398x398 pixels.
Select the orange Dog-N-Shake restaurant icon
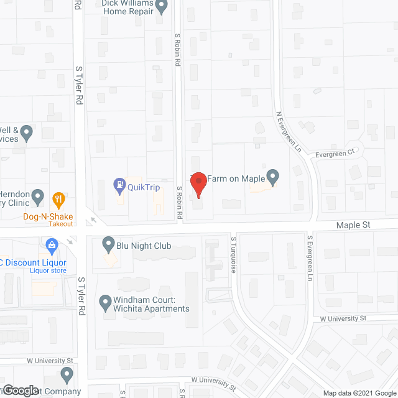click(60, 199)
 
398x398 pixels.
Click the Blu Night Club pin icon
click(109, 244)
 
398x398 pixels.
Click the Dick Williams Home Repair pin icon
click(162, 7)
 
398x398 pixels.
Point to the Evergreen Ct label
click(334, 153)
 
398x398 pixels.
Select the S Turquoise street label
click(234, 254)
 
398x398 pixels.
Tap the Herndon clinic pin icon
click(38, 198)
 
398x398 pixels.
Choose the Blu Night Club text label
click(144, 246)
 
